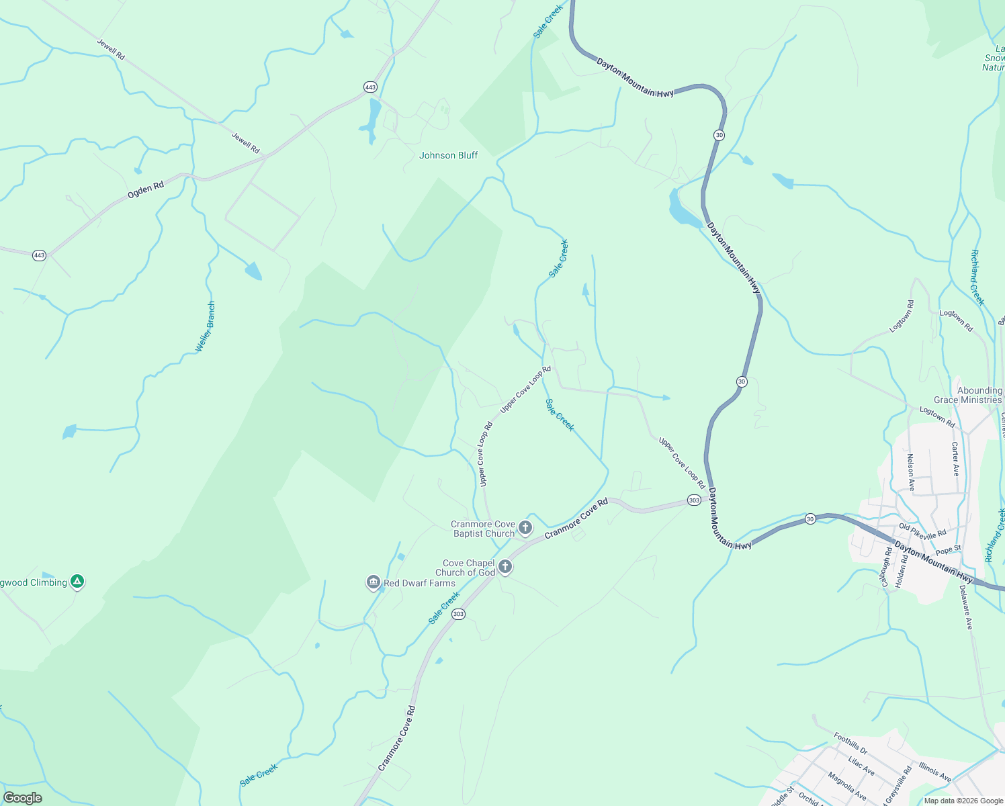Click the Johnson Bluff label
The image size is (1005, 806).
click(448, 155)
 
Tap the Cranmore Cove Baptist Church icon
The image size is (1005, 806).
click(525, 528)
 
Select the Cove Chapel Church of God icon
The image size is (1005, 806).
click(505, 567)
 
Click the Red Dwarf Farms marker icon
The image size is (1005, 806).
click(374, 582)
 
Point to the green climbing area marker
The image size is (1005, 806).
click(77, 582)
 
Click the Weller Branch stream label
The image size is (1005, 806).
click(206, 327)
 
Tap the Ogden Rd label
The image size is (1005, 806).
click(146, 190)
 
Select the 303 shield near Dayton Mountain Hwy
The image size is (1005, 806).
click(694, 500)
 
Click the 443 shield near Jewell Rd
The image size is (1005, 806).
click(370, 87)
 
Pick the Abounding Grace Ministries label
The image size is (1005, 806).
click(968, 395)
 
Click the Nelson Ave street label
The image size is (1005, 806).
click(910, 472)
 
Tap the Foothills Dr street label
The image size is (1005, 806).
click(850, 743)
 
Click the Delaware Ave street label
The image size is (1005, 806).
click(965, 607)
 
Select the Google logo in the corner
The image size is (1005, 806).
click(22, 798)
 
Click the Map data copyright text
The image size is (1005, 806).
click(963, 801)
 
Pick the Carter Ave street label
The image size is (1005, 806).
click(955, 459)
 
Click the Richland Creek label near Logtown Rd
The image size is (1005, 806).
click(977, 277)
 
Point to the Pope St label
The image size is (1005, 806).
click(948, 550)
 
